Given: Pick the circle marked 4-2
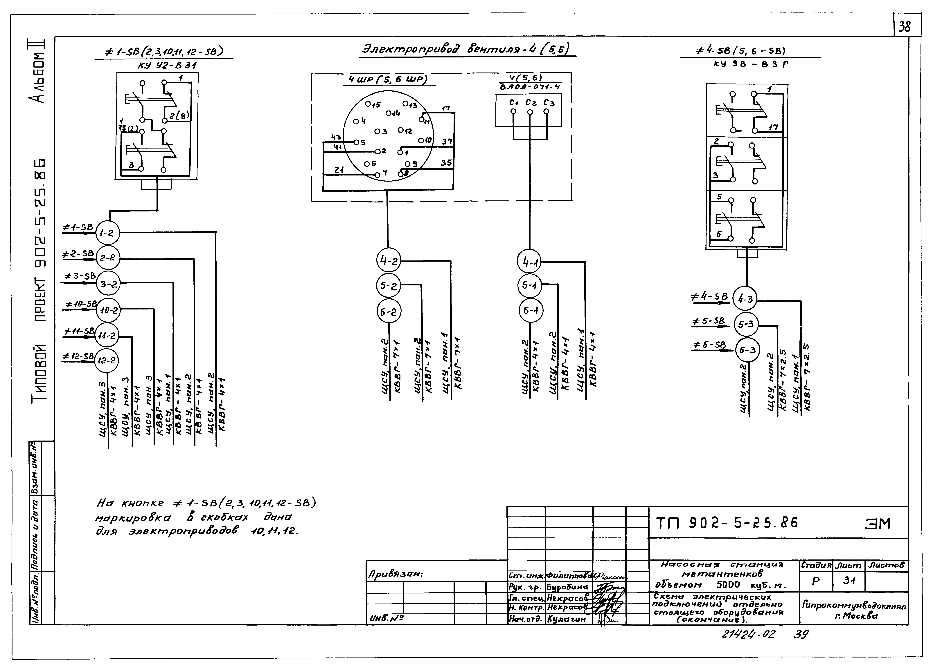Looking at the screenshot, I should click(x=388, y=261).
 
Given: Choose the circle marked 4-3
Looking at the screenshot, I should click(x=745, y=299).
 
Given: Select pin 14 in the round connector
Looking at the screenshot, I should click(x=389, y=113).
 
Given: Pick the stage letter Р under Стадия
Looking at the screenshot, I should click(x=816, y=581).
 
